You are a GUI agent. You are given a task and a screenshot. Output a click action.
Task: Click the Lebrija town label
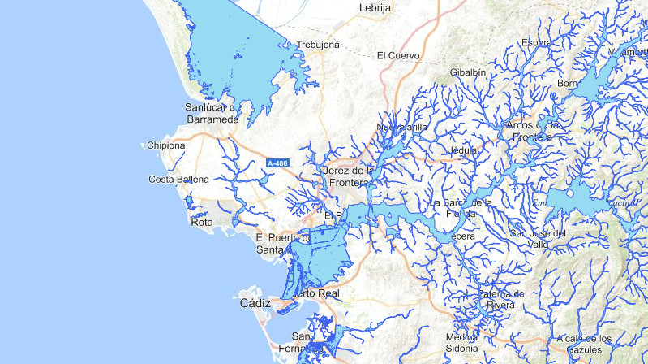[x=375, y=8]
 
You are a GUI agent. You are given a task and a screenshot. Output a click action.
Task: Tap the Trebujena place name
[x=318, y=45]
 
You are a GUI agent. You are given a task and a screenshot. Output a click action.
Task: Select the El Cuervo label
[x=398, y=56]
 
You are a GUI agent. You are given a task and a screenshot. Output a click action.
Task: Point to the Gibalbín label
[x=468, y=72]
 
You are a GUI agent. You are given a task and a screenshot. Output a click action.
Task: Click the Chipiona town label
[x=166, y=146]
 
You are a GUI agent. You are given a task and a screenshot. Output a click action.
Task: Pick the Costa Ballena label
[x=179, y=180]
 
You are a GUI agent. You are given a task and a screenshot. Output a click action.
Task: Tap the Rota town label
[x=201, y=221]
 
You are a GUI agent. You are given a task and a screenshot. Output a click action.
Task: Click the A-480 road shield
[x=277, y=163]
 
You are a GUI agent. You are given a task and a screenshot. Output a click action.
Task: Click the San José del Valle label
[x=538, y=238]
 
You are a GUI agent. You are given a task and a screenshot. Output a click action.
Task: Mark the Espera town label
[x=537, y=42]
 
